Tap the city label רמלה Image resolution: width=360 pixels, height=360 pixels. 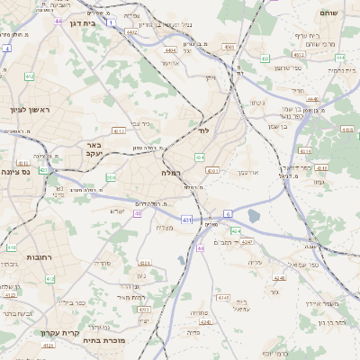(x=171, y=172)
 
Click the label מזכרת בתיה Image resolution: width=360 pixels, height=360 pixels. (x=102, y=340)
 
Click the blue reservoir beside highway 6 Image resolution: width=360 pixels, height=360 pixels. (x=254, y=216)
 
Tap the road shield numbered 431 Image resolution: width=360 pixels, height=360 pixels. (x=186, y=219)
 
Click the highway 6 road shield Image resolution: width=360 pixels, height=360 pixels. (x=229, y=213)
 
